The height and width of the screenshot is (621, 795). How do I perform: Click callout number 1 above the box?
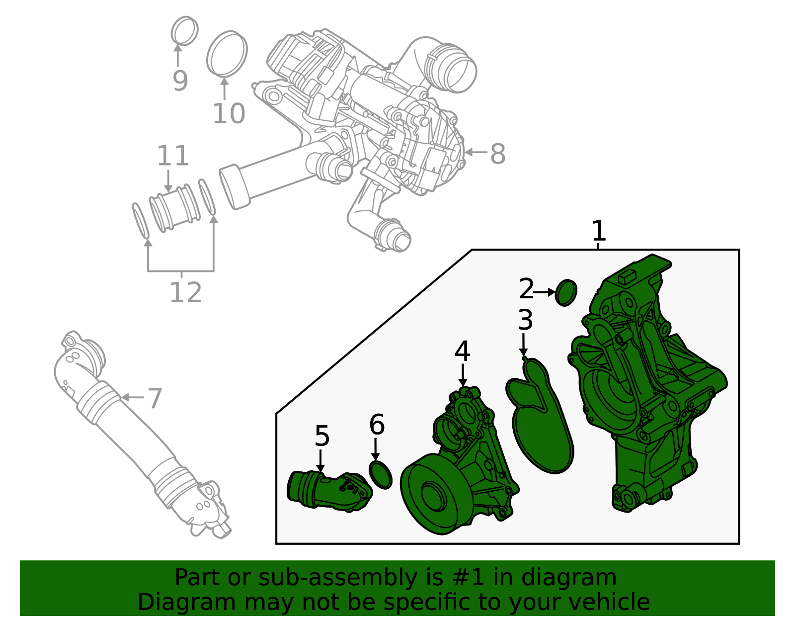(599, 231)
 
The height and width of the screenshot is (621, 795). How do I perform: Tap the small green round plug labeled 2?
(566, 293)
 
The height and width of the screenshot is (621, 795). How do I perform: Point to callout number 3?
(525, 320)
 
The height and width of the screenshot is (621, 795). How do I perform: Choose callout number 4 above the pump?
(462, 352)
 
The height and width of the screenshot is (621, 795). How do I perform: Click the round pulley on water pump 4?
(432, 495)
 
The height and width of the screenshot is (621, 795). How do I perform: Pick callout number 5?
(322, 436)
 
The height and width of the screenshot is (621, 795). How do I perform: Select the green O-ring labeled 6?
(381, 475)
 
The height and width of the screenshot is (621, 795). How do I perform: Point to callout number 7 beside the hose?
(155, 398)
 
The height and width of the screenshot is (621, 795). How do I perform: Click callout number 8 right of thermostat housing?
(497, 154)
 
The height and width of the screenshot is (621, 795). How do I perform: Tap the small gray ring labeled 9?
(184, 31)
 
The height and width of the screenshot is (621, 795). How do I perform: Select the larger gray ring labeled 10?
(227, 54)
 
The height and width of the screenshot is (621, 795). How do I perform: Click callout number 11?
(173, 156)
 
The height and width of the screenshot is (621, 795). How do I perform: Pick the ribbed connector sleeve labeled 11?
(175, 207)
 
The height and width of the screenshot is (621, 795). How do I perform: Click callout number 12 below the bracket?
(185, 292)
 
